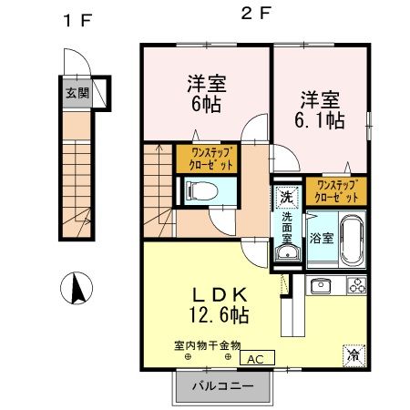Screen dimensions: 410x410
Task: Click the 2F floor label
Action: coord(255,14)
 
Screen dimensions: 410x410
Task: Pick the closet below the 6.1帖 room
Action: coord(338,190)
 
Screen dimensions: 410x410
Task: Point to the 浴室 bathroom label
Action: coord(322,239)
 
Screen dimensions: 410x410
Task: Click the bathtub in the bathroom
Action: coord(351,238)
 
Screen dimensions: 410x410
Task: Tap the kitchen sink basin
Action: coord(322,289)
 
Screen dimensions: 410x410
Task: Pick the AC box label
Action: coord(257,358)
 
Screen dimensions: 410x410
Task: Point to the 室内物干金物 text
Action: coord(207,345)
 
